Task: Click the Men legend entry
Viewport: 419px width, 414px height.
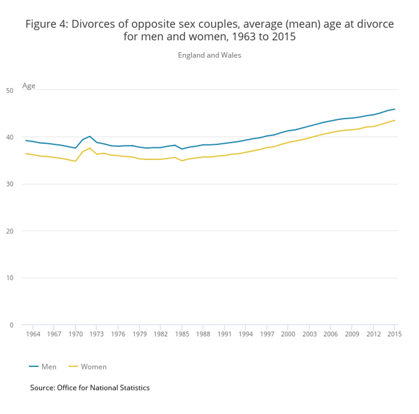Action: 43,367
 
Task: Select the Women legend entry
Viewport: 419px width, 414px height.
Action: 88,367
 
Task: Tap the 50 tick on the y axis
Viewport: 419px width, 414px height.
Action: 10,90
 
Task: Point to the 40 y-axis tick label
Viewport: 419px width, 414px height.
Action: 10,137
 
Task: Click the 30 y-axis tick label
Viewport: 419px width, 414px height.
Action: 10,184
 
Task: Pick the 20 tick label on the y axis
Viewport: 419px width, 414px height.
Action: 10,231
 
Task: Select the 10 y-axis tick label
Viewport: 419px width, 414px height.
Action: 10,278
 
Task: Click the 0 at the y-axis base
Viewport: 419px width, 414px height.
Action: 12,325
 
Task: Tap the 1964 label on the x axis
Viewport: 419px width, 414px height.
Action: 33,334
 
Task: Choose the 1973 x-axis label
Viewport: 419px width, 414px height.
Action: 97,334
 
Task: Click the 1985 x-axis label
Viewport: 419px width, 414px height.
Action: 182,334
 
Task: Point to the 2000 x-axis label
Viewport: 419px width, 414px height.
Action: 288,334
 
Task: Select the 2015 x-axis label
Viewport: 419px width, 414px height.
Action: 394,334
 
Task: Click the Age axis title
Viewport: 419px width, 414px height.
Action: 29,86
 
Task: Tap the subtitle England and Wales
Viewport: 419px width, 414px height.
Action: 209,55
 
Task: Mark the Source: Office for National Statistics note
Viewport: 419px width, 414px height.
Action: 90,388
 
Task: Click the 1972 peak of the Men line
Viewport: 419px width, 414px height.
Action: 89,136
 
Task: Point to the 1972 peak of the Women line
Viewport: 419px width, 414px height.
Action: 89,148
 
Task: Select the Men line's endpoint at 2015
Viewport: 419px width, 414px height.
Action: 395,109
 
